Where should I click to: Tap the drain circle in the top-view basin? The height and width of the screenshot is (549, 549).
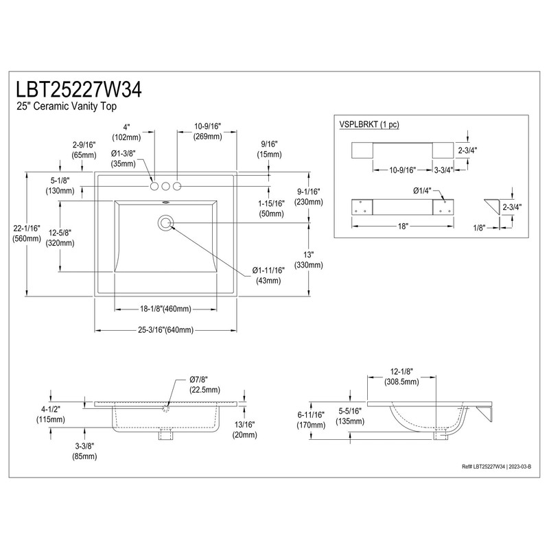165,222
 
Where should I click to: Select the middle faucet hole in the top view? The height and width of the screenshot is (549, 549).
165,185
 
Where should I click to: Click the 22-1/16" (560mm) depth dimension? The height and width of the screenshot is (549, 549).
26,233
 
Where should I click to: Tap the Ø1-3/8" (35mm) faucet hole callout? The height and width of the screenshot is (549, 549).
123,159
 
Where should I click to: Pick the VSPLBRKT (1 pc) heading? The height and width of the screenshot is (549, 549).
369,124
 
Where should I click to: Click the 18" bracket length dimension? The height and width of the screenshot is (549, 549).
401,226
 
